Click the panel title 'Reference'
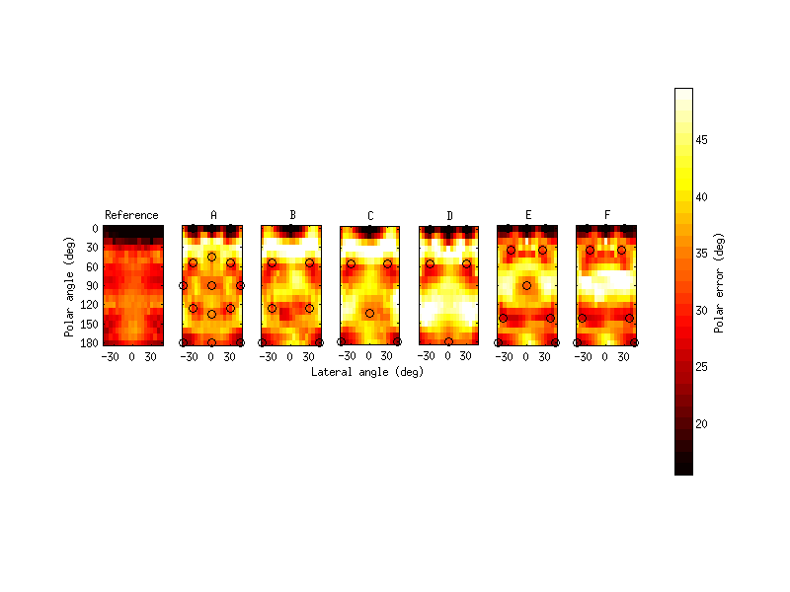click(131, 215)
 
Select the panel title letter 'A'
click(212, 215)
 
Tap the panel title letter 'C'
click(369, 215)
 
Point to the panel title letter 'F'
click(606, 215)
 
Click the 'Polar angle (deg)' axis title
click(70, 286)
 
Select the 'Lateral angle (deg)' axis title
click(367, 372)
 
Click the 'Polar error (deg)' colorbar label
click(721, 282)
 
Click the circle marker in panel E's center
click(526, 285)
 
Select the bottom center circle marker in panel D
click(448, 341)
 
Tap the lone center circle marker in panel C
click(369, 313)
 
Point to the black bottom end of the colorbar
click(683, 471)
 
